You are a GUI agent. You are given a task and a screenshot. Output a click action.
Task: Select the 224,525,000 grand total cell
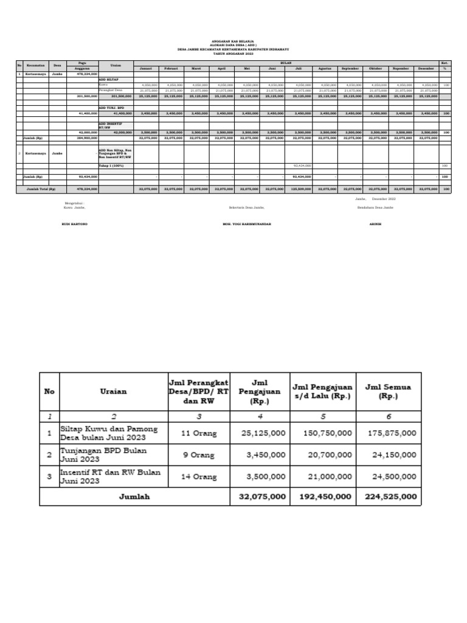[392, 496]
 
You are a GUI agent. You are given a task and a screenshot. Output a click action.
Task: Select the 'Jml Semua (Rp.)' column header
[387, 391]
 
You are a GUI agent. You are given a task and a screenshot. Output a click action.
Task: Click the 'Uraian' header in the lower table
[113, 391]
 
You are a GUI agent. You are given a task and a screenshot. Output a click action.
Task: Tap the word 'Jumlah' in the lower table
[134, 496]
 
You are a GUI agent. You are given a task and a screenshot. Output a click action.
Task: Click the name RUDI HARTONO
[75, 224]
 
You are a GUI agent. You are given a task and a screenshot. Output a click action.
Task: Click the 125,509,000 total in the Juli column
[302, 190]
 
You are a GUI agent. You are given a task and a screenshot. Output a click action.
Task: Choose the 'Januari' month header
[147, 69]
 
